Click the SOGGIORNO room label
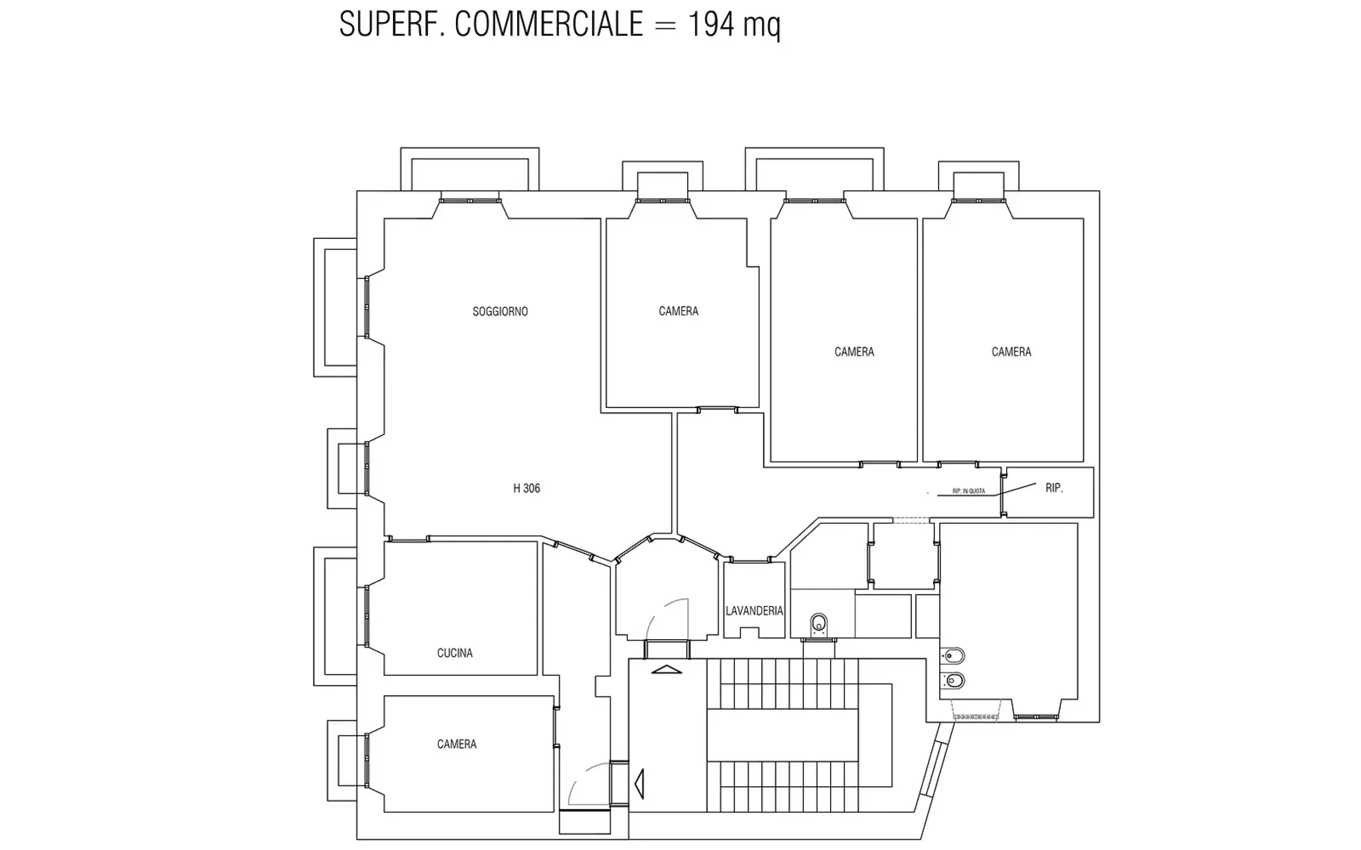[x=500, y=311]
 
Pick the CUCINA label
[x=455, y=653]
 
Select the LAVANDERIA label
[x=754, y=611]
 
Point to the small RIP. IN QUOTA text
[x=969, y=491]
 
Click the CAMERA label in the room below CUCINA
[x=457, y=744]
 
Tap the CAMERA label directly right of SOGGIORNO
[x=678, y=311]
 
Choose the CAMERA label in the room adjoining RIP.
[x=1011, y=352]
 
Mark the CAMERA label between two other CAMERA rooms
[x=854, y=352]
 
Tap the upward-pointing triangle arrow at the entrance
[x=666, y=669]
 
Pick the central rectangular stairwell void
[x=782, y=735]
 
